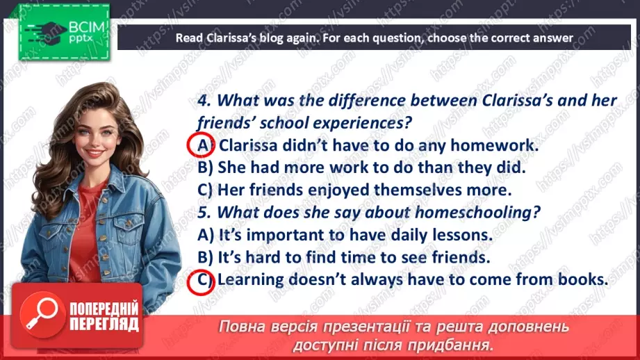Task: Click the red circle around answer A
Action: [x=188, y=145]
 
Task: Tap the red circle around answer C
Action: [x=188, y=282]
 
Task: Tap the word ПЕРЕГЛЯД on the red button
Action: [x=104, y=324]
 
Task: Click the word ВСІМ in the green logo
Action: [x=87, y=27]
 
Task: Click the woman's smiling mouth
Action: [x=95, y=153]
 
